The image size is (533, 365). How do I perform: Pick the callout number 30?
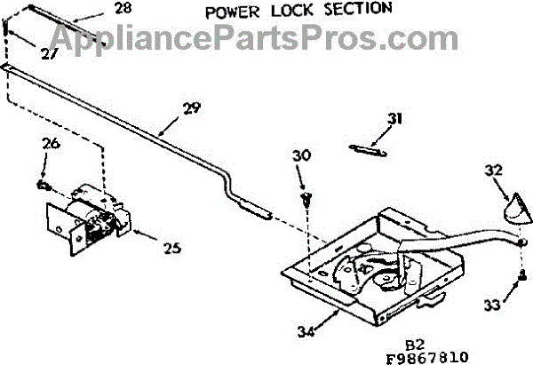click(301, 155)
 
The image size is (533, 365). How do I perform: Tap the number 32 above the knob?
click(494, 170)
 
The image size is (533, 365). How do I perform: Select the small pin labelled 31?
click(366, 148)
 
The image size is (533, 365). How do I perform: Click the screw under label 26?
click(43, 186)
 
